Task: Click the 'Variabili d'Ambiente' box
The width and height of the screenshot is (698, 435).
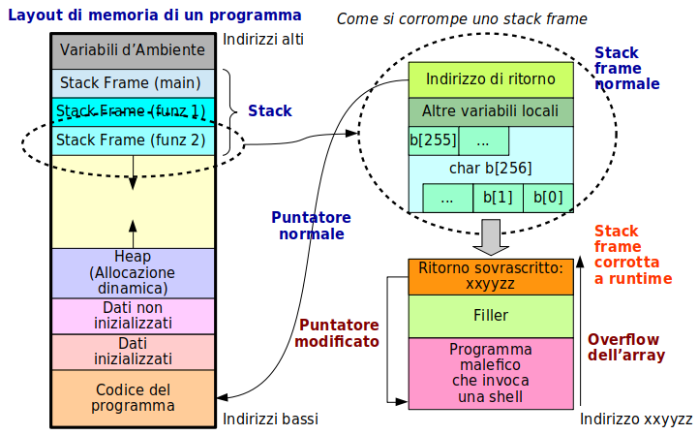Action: [x=132, y=49]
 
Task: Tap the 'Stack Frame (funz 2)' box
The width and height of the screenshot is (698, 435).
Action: [x=132, y=140]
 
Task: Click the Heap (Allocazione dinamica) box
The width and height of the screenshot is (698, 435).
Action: [x=132, y=272]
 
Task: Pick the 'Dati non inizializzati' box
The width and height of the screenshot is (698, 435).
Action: [x=132, y=315]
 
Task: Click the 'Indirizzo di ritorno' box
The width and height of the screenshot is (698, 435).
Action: [x=491, y=79]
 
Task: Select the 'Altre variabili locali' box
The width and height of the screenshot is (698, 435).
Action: [x=491, y=111]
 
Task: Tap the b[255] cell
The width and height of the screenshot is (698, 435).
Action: [x=433, y=140]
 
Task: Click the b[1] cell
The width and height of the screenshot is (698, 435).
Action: [x=498, y=198]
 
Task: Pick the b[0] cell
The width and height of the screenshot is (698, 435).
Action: [x=548, y=198]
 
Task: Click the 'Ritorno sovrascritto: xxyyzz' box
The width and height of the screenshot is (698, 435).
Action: [x=491, y=276]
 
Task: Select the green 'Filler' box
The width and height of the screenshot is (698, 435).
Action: [x=491, y=316]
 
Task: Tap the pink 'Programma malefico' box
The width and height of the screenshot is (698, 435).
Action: [x=491, y=372]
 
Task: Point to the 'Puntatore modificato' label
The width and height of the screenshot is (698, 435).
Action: [x=337, y=332]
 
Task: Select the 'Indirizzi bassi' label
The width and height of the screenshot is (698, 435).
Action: [x=270, y=419]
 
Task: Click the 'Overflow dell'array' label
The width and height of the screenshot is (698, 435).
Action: [x=623, y=347]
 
